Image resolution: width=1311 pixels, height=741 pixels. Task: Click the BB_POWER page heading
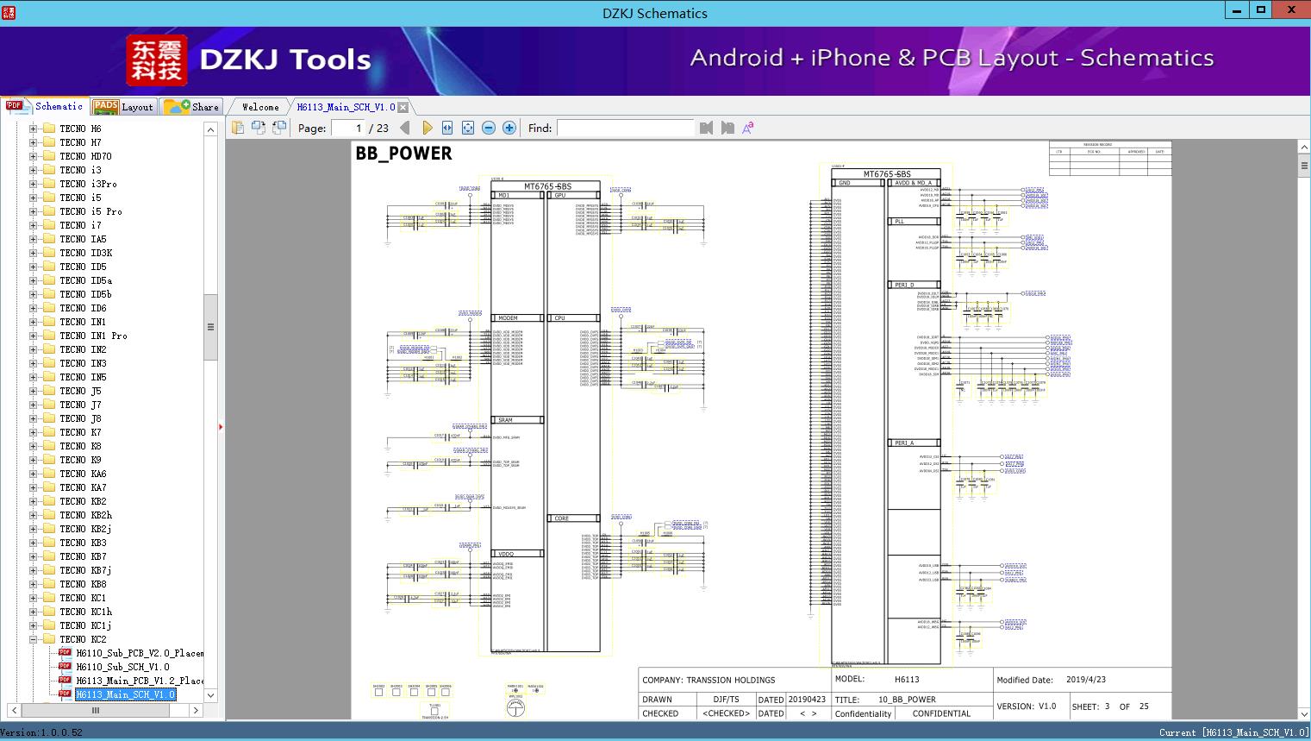(x=403, y=154)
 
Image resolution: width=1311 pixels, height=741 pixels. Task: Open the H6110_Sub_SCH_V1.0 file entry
(x=122, y=667)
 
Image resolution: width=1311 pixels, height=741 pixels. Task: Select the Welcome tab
(x=260, y=107)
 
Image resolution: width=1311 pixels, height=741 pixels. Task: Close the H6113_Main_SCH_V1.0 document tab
(x=403, y=108)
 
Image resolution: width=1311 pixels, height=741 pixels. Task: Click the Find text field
(x=625, y=128)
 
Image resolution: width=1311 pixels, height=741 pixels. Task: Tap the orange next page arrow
(x=427, y=128)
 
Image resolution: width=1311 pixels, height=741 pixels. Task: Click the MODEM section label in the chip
(x=508, y=318)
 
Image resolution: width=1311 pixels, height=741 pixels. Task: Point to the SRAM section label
(x=505, y=420)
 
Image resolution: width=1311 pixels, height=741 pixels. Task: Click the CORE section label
(x=561, y=518)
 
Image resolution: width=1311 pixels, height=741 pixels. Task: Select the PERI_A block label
(x=903, y=443)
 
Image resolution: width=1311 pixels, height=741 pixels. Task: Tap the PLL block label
(x=899, y=222)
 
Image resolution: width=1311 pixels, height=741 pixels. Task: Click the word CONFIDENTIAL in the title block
(x=941, y=713)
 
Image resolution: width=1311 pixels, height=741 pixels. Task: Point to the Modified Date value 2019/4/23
(x=1085, y=680)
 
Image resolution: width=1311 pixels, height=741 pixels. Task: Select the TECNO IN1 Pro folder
(x=93, y=336)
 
